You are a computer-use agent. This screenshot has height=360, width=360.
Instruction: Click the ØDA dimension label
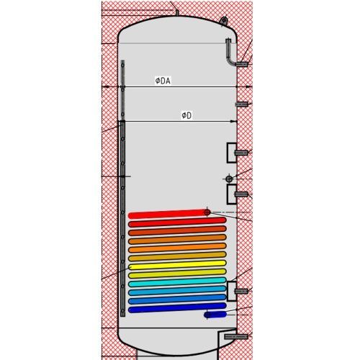163,81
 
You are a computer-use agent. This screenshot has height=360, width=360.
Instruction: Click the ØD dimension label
186,116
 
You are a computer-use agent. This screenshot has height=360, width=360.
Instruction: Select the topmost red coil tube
168,214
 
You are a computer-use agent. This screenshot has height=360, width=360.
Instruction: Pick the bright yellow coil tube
177,265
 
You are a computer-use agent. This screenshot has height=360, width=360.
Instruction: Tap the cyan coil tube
177,282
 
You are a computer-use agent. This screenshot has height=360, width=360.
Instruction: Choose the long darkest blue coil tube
177,308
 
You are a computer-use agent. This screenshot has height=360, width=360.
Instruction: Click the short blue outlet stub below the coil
215,315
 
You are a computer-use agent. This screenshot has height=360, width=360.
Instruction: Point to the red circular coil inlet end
207,212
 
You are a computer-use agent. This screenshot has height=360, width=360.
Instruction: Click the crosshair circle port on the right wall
229,179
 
